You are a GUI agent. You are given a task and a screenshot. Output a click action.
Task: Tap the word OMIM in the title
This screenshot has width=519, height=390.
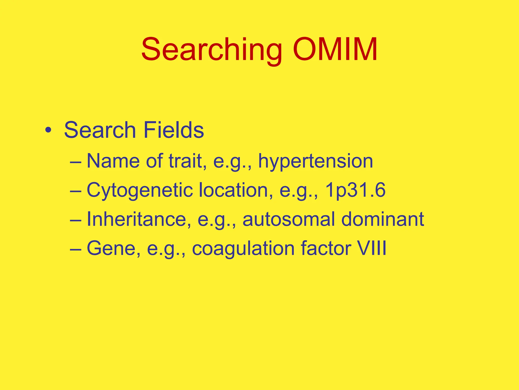tap(335, 49)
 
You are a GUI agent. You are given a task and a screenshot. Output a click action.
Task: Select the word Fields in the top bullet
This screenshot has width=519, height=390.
tap(174, 130)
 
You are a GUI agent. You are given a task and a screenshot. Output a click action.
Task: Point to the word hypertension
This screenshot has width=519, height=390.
tap(316, 161)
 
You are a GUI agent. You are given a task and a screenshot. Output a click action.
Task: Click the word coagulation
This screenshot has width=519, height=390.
tap(243, 248)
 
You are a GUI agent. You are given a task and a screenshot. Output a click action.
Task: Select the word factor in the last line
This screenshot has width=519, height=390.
tap(326, 248)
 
